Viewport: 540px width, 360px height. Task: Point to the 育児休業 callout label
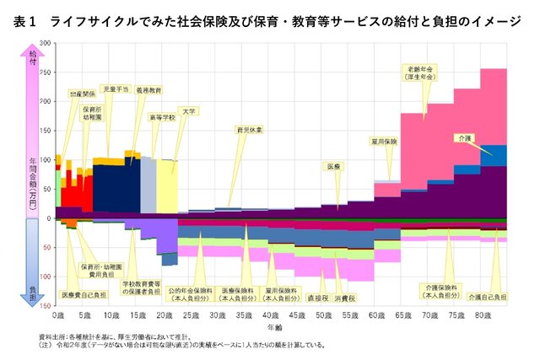(250, 131)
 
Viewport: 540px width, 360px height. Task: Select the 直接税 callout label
(317, 298)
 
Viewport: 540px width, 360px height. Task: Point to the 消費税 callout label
(343, 298)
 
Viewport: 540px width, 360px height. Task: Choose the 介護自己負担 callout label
(488, 297)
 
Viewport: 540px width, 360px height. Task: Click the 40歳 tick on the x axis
(270, 315)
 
